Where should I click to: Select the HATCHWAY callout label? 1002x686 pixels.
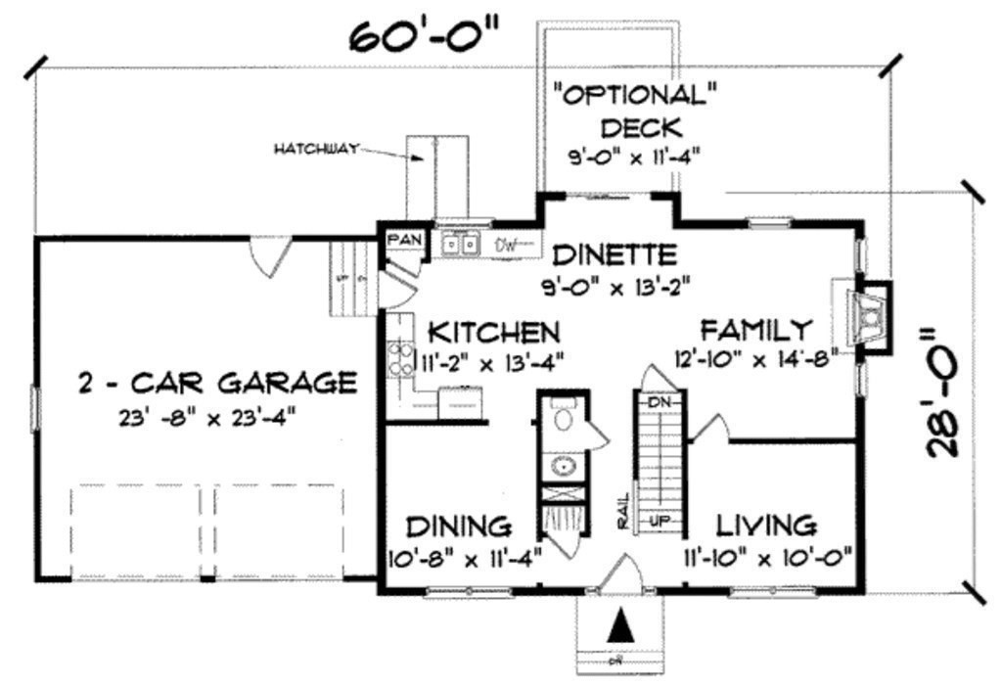tap(315, 149)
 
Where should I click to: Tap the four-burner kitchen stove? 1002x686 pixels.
tap(399, 357)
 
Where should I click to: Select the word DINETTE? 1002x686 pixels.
tap(614, 255)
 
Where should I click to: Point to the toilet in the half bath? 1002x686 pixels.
tap(564, 418)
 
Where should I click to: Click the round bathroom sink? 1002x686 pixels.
tap(564, 466)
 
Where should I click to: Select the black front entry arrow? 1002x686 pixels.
tap(618, 624)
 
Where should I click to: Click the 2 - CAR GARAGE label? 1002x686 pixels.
tap(216, 382)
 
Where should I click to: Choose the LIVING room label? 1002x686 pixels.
tap(767, 525)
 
